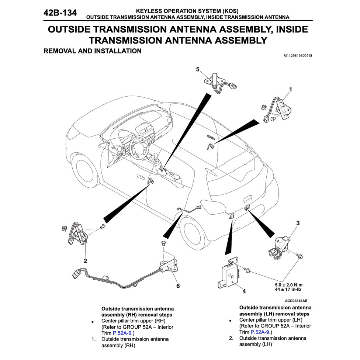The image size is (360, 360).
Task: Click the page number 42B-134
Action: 60,13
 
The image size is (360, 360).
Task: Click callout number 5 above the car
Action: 198,69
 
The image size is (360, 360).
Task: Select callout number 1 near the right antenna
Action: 291,89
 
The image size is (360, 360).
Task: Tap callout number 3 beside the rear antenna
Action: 298,223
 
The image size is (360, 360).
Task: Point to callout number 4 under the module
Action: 244,291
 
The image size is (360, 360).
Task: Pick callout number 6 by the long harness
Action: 178,286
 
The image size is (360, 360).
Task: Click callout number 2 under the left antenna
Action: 85,260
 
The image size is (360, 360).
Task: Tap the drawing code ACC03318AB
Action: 296,301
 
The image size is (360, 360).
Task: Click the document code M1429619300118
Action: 298,56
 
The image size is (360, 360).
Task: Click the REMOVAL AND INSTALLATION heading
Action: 93,51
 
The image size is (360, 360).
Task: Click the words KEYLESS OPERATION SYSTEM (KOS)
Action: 187,11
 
